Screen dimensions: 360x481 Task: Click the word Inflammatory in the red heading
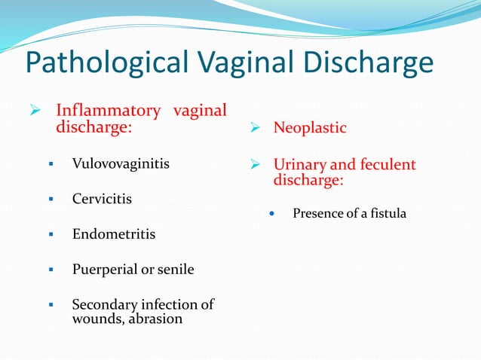(109, 111)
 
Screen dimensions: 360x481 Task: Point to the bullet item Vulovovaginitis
(121, 163)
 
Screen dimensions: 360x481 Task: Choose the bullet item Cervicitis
(102, 199)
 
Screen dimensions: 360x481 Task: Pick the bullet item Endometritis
(114, 234)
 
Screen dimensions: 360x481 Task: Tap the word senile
(176, 270)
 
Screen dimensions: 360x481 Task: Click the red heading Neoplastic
(310, 128)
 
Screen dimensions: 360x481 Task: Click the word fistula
(388, 214)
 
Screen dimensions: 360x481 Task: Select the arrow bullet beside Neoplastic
(256, 128)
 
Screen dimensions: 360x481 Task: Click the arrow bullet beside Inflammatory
(35, 111)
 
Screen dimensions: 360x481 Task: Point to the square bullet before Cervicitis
(51, 200)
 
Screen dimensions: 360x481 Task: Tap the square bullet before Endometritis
(51, 235)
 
